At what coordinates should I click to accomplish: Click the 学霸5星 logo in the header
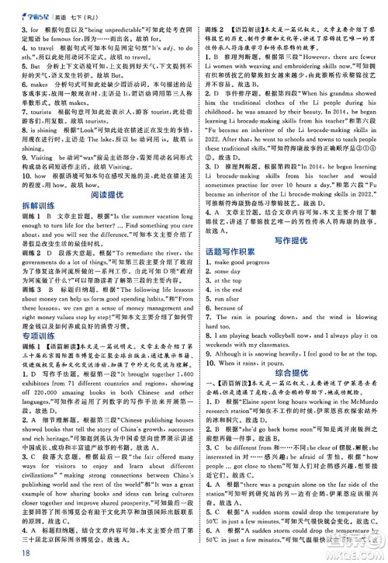[x=30, y=10]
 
